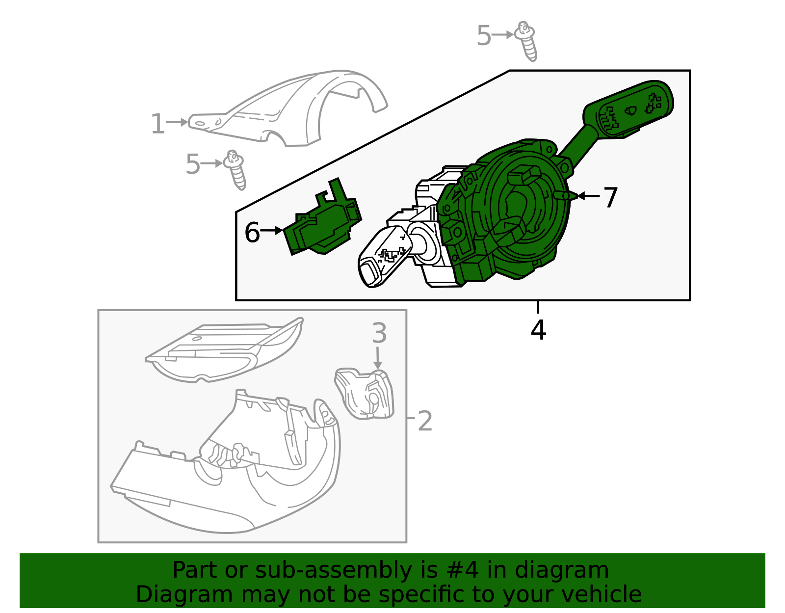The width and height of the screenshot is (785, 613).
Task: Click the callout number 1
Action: (157, 124)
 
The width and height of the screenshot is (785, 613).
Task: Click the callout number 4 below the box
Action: (538, 330)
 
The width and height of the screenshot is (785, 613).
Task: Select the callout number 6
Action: (252, 232)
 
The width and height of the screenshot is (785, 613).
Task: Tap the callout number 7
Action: (610, 197)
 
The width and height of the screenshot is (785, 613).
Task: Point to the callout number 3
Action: (379, 333)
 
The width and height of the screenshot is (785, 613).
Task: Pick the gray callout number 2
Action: (425, 421)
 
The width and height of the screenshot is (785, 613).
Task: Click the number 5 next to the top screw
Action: (483, 36)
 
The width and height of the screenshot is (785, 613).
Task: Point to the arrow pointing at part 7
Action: (589, 196)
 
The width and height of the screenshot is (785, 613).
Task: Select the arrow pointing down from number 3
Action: (377, 357)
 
